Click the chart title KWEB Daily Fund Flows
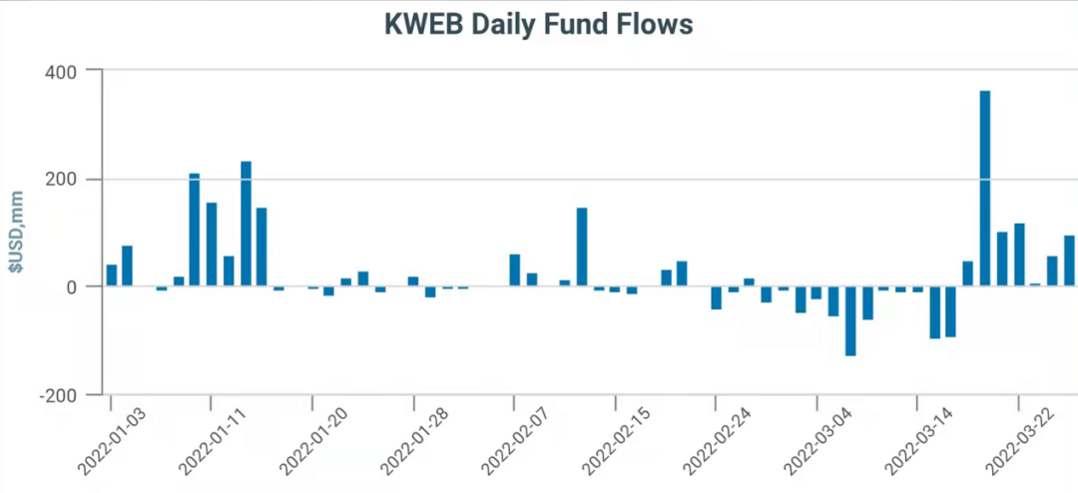pos(538,25)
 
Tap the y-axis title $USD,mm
pos(17,232)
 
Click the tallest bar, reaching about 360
pos(985,189)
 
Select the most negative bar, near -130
pos(850,320)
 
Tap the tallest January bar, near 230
pos(246,224)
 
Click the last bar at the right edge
pos(1069,260)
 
